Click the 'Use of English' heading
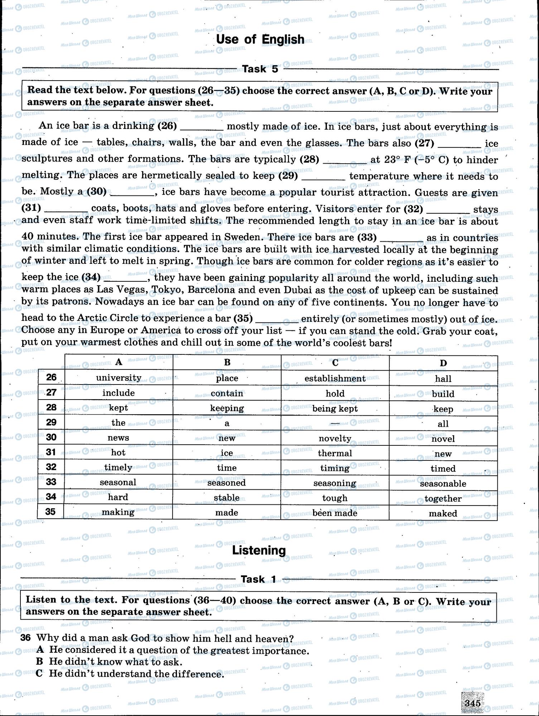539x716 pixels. tap(260, 39)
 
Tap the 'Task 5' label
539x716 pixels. tap(260, 69)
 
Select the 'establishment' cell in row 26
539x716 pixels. tap(335, 378)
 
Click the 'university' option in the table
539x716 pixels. tap(119, 378)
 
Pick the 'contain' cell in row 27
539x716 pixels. tap(227, 393)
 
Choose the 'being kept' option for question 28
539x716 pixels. tap(335, 408)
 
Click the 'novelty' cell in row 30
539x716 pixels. tap(335, 439)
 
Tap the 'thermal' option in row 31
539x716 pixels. tap(335, 453)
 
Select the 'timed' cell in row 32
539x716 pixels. tap(443, 469)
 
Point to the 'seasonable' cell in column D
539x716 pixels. tap(443, 484)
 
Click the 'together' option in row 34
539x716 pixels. tap(443, 499)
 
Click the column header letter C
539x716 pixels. tap(335, 363)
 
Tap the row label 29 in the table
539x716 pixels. tap(51, 422)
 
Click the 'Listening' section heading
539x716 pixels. tap(259, 550)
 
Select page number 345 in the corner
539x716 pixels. tap(472, 703)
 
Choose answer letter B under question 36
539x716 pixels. tap(39, 662)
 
